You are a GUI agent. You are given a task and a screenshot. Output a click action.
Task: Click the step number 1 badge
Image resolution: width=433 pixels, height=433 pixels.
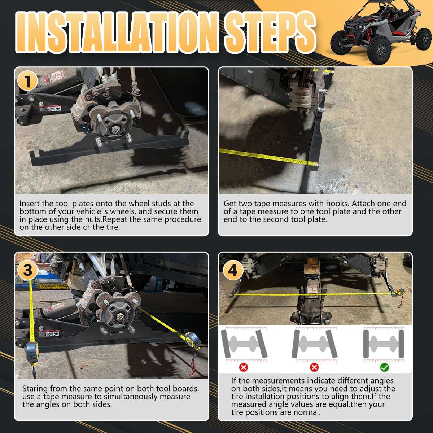(27, 81)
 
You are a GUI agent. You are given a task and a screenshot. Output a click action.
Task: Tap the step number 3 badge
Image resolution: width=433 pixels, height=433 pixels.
(27, 270)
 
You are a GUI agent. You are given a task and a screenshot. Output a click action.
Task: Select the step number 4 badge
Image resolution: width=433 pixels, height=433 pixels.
(233, 270)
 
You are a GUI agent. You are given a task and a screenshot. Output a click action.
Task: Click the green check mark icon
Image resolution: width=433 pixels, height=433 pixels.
(384, 367)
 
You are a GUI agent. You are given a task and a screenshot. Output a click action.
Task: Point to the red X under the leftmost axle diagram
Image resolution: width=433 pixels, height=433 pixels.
(244, 367)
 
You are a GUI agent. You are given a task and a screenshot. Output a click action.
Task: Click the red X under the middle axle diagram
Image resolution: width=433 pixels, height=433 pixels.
(314, 367)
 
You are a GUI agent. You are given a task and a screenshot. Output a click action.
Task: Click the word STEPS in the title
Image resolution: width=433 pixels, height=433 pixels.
(270, 32)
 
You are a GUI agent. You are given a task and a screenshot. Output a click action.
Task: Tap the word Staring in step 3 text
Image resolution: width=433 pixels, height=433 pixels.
(35, 389)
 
